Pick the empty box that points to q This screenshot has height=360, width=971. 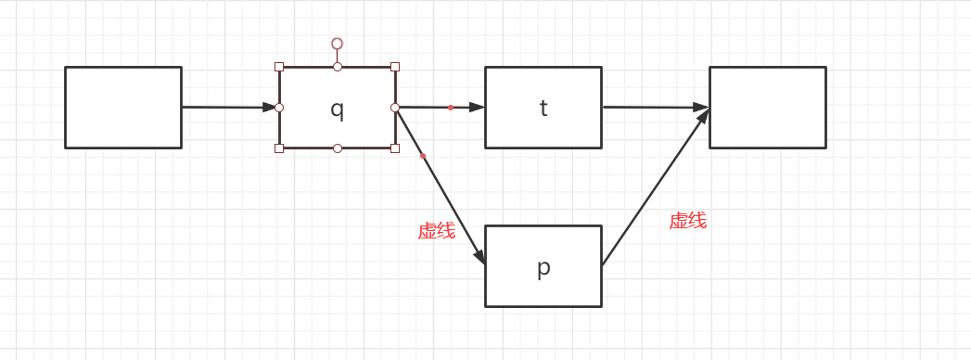point(123,108)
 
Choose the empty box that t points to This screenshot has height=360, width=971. point(767,108)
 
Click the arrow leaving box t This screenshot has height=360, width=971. point(655,108)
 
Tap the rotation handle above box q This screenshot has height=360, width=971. point(338,44)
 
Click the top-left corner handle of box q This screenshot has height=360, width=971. point(279,67)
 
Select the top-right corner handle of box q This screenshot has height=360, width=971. point(395,67)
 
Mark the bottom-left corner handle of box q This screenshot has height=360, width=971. point(279,148)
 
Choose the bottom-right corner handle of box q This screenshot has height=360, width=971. point(395,148)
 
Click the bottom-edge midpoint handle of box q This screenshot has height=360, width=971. point(338,148)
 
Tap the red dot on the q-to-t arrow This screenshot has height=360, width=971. point(451,108)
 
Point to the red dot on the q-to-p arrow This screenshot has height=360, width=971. point(423,156)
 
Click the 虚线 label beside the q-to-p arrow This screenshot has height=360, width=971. point(436,232)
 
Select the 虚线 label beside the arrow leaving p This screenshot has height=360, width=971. point(687,221)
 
